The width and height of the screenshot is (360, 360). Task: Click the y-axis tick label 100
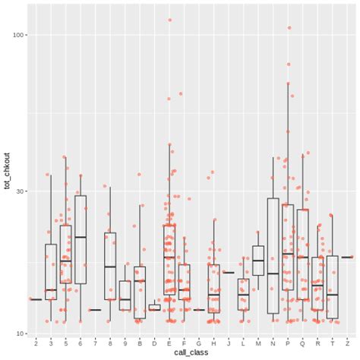tap(19, 35)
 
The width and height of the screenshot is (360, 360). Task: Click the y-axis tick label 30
tap(21, 191)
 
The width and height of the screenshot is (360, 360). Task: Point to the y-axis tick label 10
tap(21, 333)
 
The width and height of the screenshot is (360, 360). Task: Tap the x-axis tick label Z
tap(347, 343)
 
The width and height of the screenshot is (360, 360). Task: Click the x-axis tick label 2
tap(36, 343)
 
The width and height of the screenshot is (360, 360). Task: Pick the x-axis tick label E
tap(169, 343)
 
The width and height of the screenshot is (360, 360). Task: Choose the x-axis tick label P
tap(288, 343)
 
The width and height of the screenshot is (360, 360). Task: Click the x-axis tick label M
tap(258, 343)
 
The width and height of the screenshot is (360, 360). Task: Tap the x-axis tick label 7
tap(95, 343)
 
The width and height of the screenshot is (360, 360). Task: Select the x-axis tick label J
tap(229, 343)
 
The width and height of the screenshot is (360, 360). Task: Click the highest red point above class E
tap(169, 20)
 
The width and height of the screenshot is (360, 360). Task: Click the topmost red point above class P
tap(289, 27)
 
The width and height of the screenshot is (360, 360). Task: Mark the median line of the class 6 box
tap(81, 237)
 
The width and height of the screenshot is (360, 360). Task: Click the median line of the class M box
tap(258, 261)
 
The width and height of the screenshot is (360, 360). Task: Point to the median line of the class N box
tap(273, 273)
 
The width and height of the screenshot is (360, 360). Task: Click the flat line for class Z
tap(347, 257)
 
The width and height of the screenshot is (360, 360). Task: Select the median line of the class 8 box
tap(110, 267)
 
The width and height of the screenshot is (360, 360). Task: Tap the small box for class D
tap(154, 308)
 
